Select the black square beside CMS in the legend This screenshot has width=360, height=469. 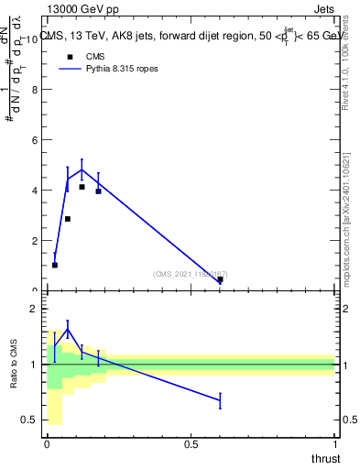point(70,56)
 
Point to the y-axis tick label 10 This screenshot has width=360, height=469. point(33,39)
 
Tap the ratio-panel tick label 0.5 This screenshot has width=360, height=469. point(30,420)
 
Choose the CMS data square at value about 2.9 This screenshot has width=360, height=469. point(68,219)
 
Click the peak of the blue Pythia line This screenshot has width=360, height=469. point(82,169)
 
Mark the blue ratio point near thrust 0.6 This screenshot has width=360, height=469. point(220,400)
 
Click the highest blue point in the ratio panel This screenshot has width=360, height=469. point(68,330)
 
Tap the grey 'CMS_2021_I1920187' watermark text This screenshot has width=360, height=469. point(190,274)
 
